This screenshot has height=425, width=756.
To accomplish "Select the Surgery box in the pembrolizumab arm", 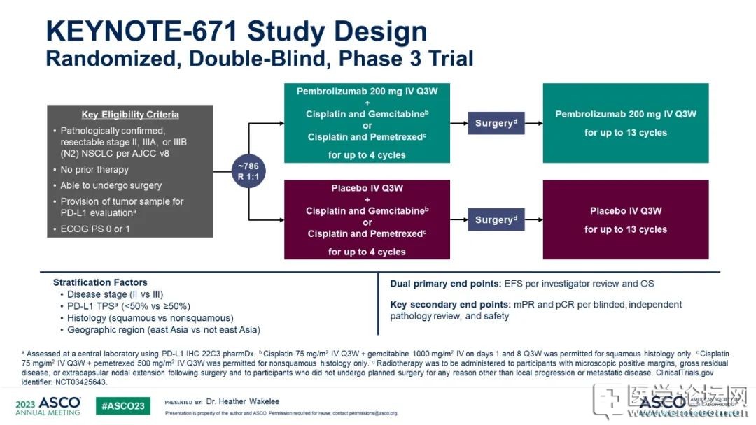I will (x=496, y=123).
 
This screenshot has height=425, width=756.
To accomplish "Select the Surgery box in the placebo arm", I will (x=496, y=219).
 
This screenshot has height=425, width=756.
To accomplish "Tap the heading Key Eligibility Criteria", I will (x=130, y=115).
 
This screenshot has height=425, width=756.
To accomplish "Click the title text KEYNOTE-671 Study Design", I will (x=236, y=31).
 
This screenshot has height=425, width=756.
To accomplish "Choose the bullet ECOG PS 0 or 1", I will (x=95, y=229).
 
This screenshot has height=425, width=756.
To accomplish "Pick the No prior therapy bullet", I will (x=94, y=169).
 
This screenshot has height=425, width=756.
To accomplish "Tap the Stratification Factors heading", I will (x=100, y=282).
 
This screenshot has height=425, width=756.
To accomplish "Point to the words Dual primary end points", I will (x=445, y=284).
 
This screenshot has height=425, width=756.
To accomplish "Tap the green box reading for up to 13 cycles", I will (x=626, y=123).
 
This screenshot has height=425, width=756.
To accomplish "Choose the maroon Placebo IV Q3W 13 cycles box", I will (x=626, y=219).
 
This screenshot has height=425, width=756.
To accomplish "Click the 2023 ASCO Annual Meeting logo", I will (x=48, y=406).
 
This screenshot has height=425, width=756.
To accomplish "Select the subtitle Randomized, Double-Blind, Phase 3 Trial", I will (x=260, y=58).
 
